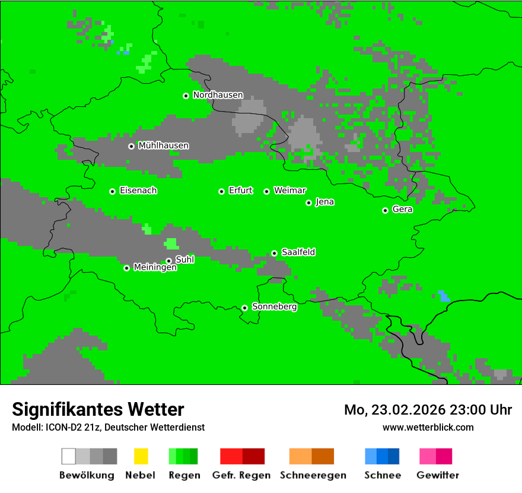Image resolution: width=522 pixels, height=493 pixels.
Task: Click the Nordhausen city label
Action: pos(218,95)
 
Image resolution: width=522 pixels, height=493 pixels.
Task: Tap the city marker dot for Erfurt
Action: pos(221,191)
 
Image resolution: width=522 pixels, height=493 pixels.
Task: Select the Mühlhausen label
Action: pos(163,146)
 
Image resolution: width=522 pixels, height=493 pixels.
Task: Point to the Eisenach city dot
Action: pos(112,191)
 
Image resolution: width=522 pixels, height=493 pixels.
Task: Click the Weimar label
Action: pos(289,191)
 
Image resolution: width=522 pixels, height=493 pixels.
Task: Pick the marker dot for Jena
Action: pos(308,203)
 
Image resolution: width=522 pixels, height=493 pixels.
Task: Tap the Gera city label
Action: pos(402,210)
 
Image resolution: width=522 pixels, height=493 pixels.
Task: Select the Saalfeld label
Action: pos(298,252)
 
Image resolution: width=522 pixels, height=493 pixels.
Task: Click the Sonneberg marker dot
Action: pos(244,308)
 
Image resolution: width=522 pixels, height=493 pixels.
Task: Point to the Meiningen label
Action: pos(155,268)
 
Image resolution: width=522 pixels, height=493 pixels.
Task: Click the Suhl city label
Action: pos(184,260)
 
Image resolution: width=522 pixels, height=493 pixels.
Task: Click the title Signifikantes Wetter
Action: pos(98,409)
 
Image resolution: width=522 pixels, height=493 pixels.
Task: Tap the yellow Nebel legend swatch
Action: pos(141,456)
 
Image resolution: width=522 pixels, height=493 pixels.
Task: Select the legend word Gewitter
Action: pos(437,475)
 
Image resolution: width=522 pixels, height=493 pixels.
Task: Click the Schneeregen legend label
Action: pos(313,475)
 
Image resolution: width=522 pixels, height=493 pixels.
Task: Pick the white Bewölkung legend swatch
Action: pos(69,456)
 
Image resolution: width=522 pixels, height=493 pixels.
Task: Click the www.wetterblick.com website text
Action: pos(428,427)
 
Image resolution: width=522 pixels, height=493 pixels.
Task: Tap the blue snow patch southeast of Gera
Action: pos(444,296)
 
